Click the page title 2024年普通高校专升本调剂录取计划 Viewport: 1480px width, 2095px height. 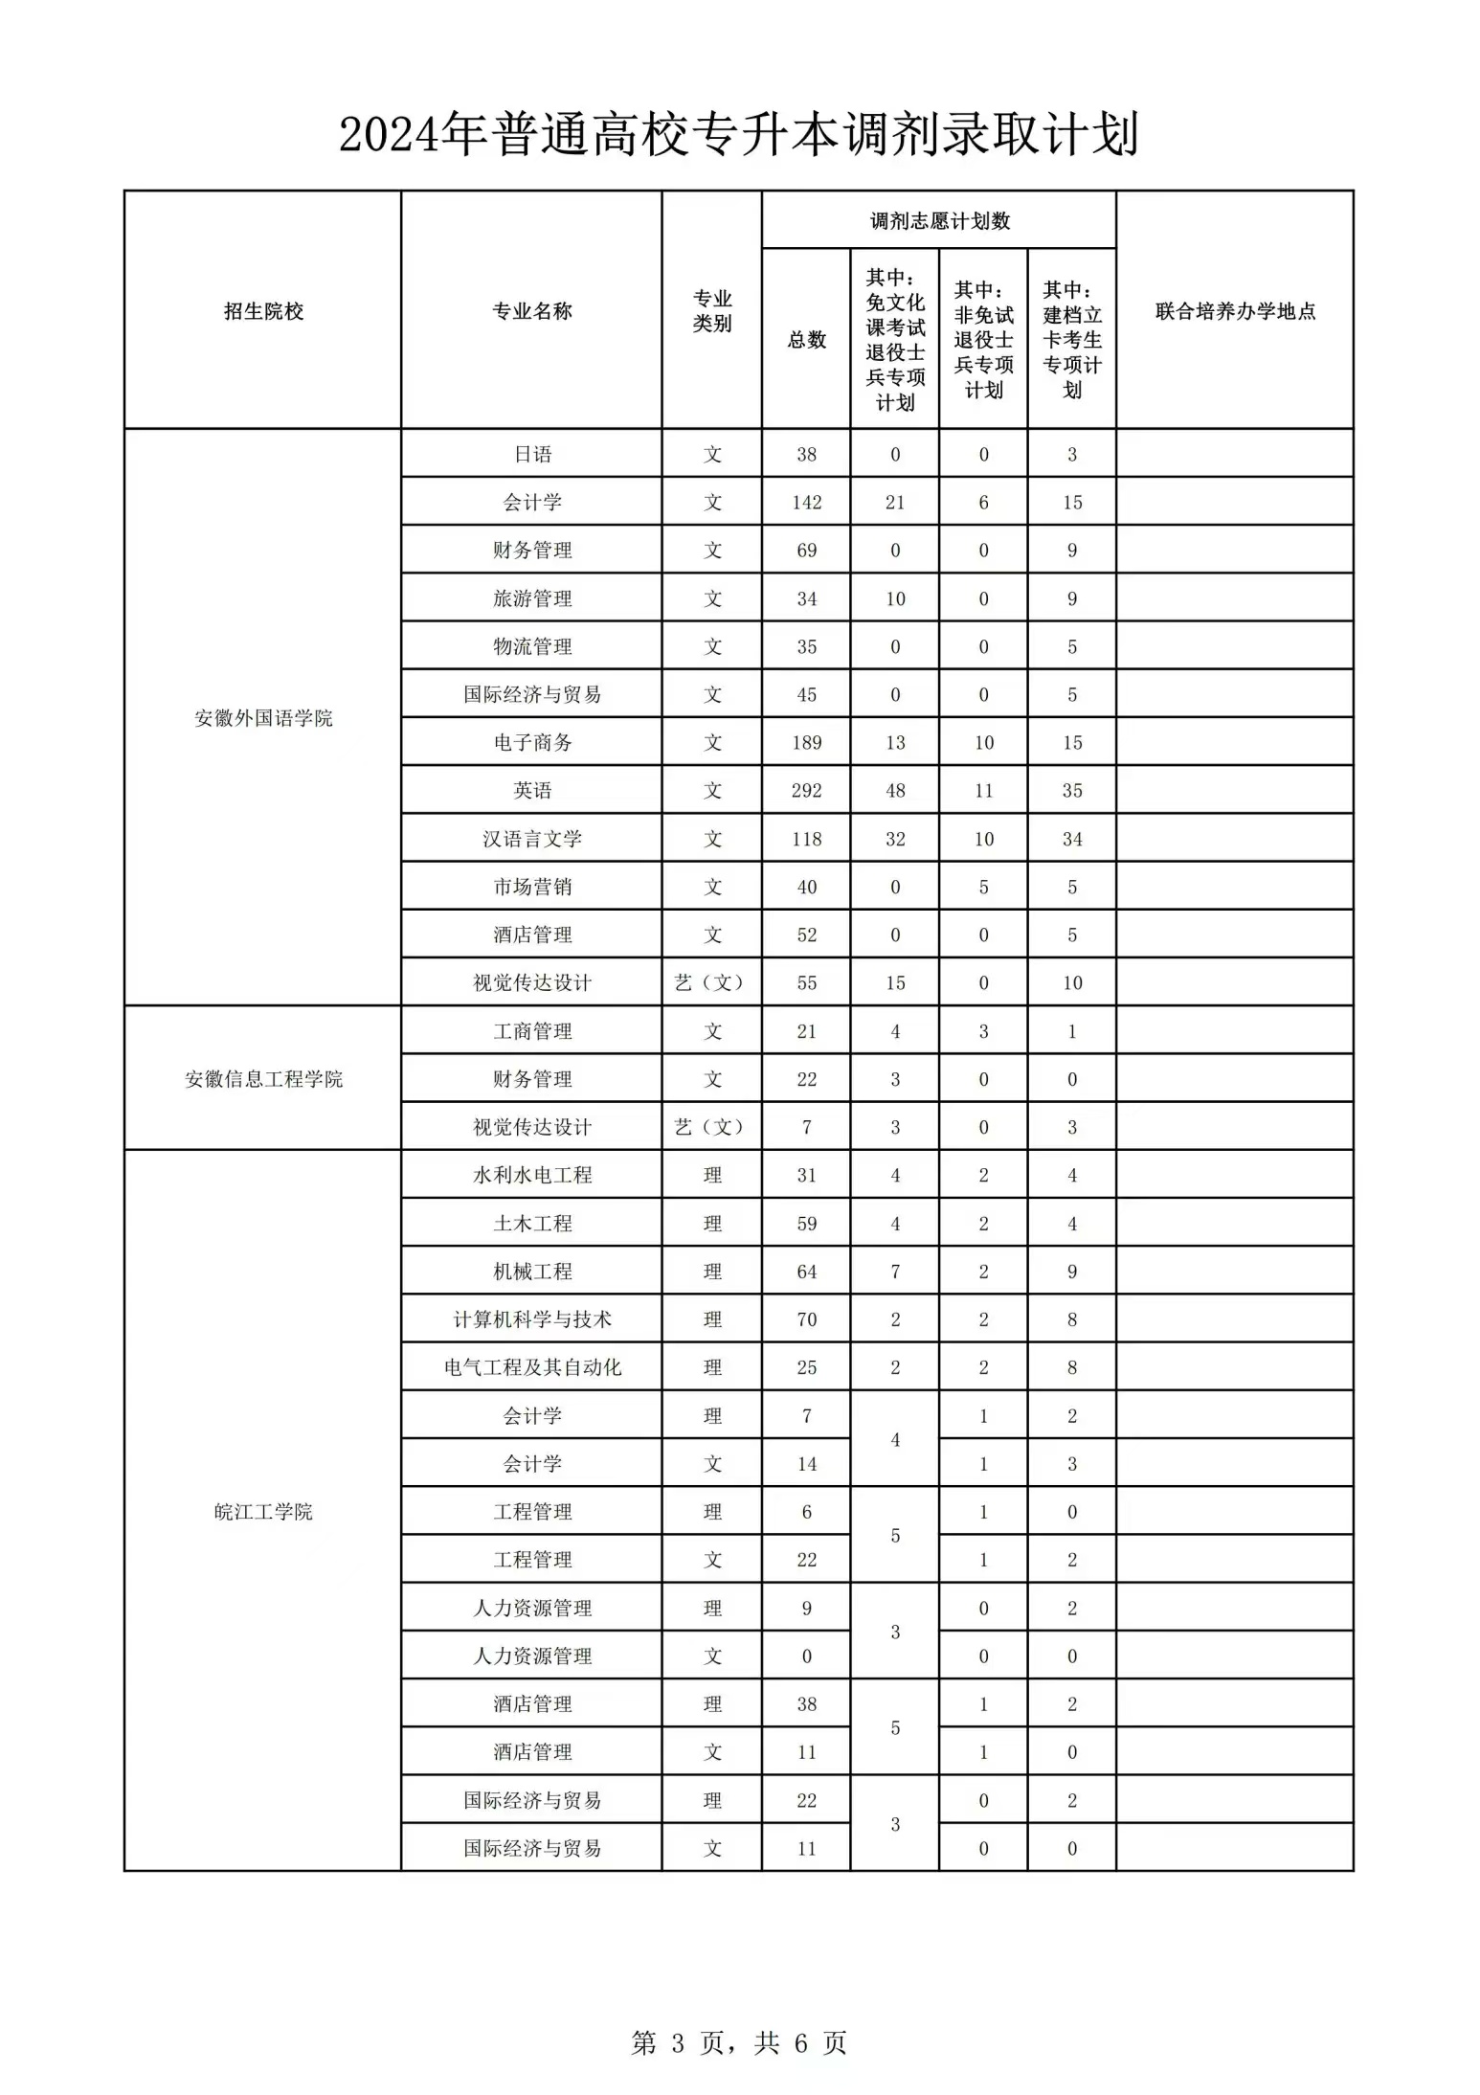tap(738, 134)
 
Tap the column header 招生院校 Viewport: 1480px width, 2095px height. tap(263, 311)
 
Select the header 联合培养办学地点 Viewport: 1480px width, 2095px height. tap(1235, 311)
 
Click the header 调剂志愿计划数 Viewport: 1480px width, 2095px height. tap(939, 221)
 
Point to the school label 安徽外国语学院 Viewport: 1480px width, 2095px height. tap(263, 718)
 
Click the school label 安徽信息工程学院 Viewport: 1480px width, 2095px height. tap(263, 1079)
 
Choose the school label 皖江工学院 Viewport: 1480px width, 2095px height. tap(263, 1512)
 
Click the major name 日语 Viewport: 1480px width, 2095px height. tap(532, 454)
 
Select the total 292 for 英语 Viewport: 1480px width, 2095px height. tap(806, 791)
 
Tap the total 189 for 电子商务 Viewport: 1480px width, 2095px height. tap(806, 743)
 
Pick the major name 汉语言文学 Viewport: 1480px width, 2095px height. tap(532, 839)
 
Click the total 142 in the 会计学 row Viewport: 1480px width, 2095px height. tap(806, 503)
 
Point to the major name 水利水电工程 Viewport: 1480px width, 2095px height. tap(532, 1175)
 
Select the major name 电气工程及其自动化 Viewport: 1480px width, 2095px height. tap(532, 1367)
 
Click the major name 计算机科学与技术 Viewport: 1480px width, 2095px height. tap(532, 1319)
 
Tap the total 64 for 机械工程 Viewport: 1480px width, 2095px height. tap(806, 1272)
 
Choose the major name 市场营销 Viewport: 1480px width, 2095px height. tap(532, 887)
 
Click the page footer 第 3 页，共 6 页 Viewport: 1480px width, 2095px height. tap(738, 2042)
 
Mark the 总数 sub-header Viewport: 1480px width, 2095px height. tap(806, 340)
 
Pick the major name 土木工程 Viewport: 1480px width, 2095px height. tap(532, 1224)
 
